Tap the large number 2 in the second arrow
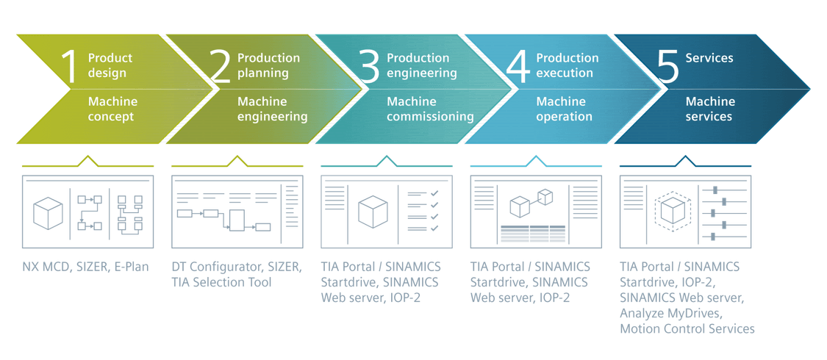click(x=220, y=65)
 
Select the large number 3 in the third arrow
click(x=370, y=65)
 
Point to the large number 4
click(x=518, y=65)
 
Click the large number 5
click(x=667, y=65)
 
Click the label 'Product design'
click(x=110, y=65)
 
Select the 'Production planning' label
click(x=268, y=65)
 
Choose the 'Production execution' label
click(x=567, y=65)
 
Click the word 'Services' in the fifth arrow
click(x=709, y=58)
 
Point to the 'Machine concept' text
click(x=112, y=109)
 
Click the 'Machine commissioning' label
click(x=430, y=109)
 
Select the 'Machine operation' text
click(x=564, y=109)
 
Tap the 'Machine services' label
click(x=710, y=109)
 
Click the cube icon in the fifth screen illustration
click(x=672, y=212)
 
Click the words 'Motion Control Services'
click(x=687, y=328)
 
